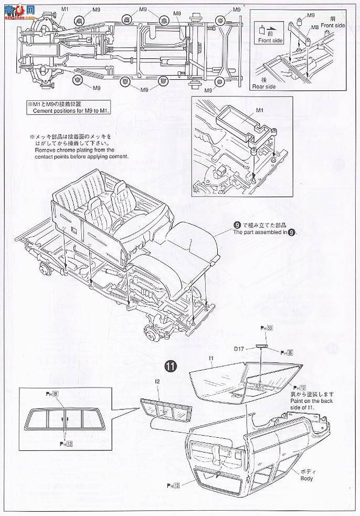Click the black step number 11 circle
[169, 365]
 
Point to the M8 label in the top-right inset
[315, 27]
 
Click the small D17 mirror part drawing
[262, 346]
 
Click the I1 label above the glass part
[210, 359]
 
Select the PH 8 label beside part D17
[287, 353]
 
